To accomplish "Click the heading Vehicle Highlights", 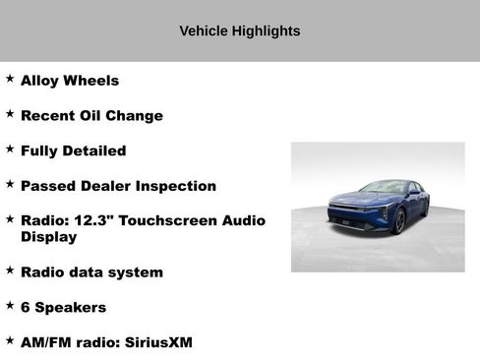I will point(240,31).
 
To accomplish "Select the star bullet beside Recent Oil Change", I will point(10,114).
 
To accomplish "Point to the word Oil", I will point(98,116).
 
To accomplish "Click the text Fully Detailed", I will point(73,151).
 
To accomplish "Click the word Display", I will point(48,237).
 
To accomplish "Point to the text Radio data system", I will point(91,271).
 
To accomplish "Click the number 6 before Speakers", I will point(26,307).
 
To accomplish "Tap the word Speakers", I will point(71,307).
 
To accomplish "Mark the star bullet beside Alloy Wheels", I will point(10,79).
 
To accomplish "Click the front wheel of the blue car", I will point(399,222).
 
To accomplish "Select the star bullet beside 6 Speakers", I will point(10,305).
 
